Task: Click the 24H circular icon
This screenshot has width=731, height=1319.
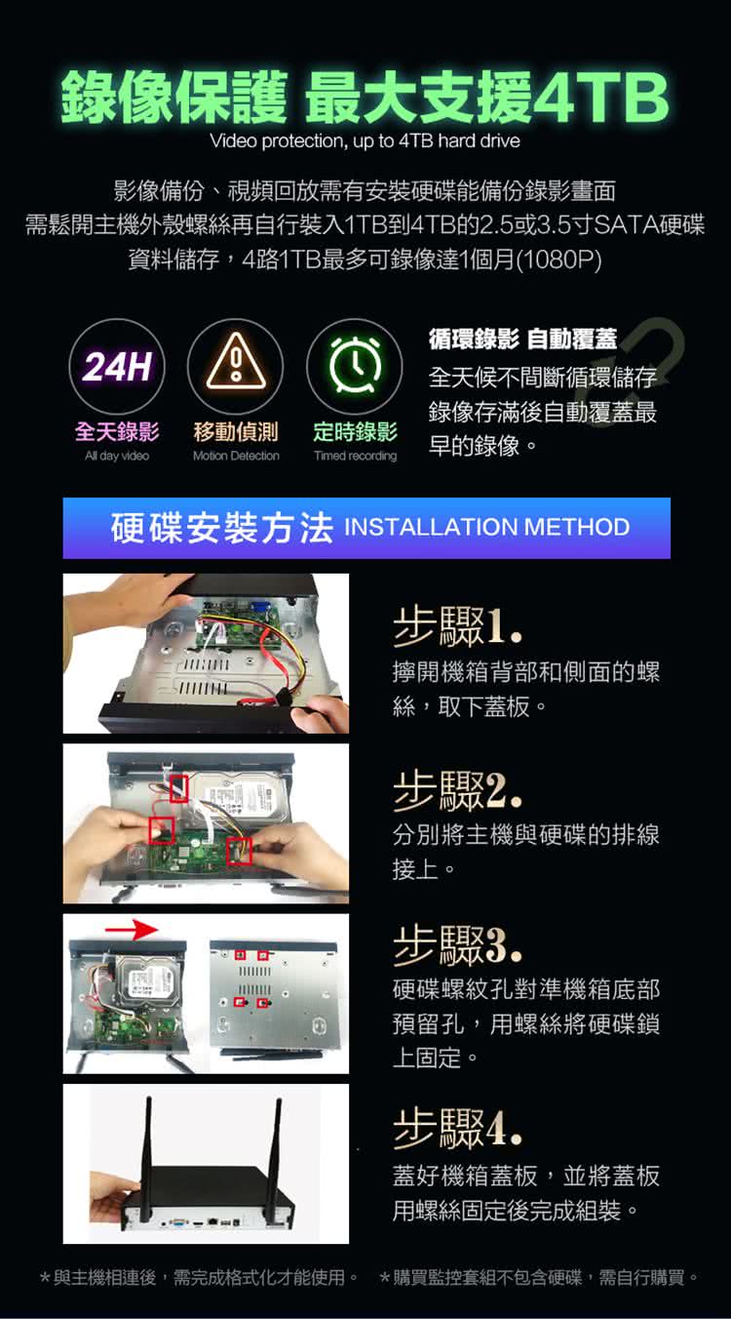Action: (x=117, y=366)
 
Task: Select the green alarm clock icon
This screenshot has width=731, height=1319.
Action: (x=355, y=365)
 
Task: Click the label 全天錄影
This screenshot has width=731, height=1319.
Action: (x=117, y=431)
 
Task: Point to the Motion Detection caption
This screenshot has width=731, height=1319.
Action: (x=236, y=456)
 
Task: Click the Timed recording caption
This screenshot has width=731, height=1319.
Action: (x=355, y=456)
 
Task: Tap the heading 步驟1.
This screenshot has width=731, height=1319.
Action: (x=457, y=625)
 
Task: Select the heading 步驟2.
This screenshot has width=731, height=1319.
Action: (x=457, y=789)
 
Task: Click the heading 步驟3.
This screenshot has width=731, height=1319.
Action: (x=457, y=945)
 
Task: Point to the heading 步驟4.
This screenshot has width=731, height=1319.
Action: (x=457, y=1127)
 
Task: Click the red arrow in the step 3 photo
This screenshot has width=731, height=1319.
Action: (x=132, y=930)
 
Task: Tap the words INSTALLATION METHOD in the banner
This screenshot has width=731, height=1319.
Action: (x=487, y=527)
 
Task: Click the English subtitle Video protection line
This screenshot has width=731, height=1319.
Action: (x=365, y=141)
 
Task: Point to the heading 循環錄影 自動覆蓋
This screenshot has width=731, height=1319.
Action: (x=522, y=339)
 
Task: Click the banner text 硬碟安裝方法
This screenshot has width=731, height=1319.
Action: (x=221, y=527)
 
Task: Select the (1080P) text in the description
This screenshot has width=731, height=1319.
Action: (x=558, y=260)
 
